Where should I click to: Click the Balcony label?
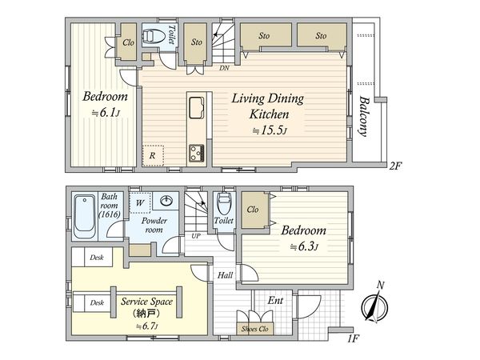(x=363, y=116)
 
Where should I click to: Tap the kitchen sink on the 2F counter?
(x=197, y=107)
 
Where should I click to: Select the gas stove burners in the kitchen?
(x=197, y=153)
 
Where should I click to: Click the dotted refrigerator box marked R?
(x=153, y=155)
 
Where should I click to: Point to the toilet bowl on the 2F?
(x=154, y=36)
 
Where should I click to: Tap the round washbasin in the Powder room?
(x=166, y=201)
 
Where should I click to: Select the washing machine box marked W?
(x=140, y=202)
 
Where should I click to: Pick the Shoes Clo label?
(x=254, y=329)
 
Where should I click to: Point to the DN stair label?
(x=224, y=68)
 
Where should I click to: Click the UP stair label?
(x=196, y=236)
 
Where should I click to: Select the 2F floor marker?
(x=395, y=166)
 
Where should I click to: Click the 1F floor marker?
(x=353, y=338)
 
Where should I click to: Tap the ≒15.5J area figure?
(x=270, y=131)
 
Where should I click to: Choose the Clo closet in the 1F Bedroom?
(x=254, y=210)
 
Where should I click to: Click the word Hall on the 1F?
(x=225, y=275)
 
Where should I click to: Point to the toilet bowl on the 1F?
(x=225, y=203)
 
